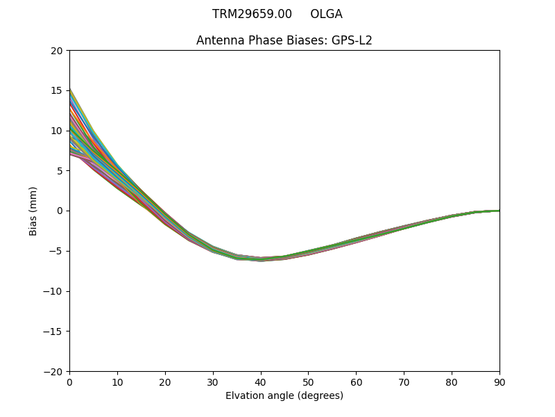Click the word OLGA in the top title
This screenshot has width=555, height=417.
click(x=326, y=14)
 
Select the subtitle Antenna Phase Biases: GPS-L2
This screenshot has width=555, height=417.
click(x=284, y=40)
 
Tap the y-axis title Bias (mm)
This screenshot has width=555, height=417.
click(x=33, y=211)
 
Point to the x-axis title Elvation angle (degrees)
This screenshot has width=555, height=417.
click(x=284, y=395)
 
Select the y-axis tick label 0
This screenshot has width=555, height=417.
click(x=60, y=211)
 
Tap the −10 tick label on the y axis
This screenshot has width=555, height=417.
click(x=53, y=291)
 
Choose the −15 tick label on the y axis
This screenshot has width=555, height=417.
click(x=53, y=331)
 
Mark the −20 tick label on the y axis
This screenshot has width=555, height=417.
click(x=53, y=371)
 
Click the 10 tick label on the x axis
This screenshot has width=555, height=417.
click(x=117, y=382)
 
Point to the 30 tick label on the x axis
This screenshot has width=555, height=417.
click(x=213, y=382)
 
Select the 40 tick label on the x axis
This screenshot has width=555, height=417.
click(x=261, y=382)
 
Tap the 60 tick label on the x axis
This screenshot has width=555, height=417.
click(x=356, y=382)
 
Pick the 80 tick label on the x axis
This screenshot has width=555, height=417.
click(x=452, y=382)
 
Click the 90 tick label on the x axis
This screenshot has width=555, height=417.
click(x=499, y=382)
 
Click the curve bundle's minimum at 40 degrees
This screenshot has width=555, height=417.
click(x=261, y=259)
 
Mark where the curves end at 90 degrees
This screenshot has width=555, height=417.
click(x=499, y=211)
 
